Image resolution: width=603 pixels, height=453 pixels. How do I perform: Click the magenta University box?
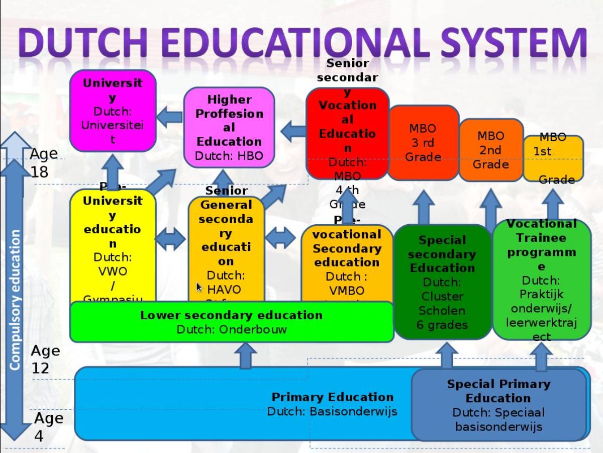(x=113, y=111)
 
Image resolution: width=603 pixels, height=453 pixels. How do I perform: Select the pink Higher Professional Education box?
(x=229, y=127)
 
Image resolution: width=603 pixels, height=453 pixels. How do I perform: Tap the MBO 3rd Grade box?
(x=423, y=143)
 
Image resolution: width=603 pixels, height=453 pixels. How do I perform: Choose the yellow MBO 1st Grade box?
(x=553, y=158)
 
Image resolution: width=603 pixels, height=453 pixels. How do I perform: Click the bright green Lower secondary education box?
(x=231, y=322)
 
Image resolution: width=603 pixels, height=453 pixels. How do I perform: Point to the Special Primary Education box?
(x=498, y=405)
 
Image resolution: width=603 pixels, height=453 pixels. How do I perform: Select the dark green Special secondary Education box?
(x=442, y=282)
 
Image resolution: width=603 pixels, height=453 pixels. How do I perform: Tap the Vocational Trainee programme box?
(x=541, y=279)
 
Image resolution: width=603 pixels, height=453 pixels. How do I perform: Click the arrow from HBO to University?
(x=169, y=117)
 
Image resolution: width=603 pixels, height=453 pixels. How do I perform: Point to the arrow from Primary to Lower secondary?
(x=245, y=355)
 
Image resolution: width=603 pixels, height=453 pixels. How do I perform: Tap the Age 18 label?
(x=43, y=162)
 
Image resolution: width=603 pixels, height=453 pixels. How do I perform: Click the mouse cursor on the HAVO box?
(x=199, y=287)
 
